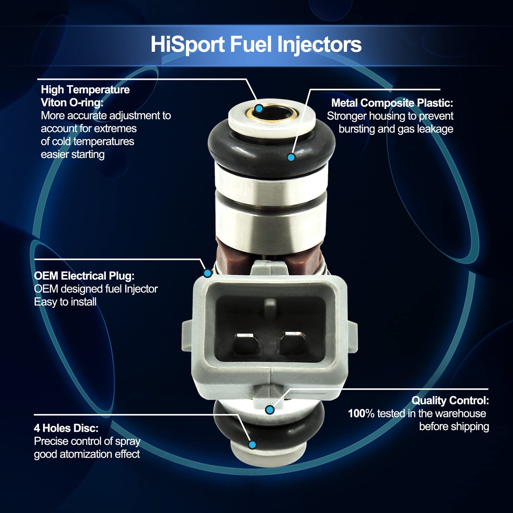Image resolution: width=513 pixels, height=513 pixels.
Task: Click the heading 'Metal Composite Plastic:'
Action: click(392, 103)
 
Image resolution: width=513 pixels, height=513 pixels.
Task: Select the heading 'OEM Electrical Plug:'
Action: click(84, 276)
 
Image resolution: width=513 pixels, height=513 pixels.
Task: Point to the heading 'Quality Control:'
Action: click(450, 400)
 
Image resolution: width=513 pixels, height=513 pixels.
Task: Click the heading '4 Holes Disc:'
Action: click(66, 428)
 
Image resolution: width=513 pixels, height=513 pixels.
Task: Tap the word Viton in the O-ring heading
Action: click(54, 103)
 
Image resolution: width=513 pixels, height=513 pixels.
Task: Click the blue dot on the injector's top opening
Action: click(259, 108)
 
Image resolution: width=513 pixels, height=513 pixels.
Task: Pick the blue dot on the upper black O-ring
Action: click(291, 157)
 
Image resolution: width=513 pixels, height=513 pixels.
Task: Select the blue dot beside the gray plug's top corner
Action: click(207, 273)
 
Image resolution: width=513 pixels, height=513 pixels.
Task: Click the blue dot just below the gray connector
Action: click(270, 410)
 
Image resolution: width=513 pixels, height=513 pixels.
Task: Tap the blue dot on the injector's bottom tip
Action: click(252, 444)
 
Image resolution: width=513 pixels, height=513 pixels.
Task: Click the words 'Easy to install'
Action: click(65, 302)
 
